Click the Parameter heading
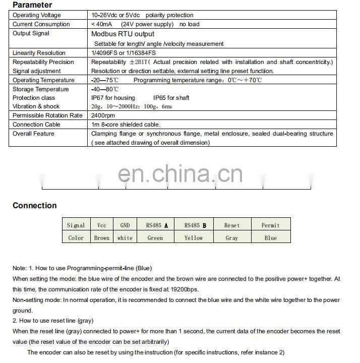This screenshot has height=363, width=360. (32, 5)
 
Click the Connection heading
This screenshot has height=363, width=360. (35, 205)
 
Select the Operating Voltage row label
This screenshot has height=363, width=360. (37, 15)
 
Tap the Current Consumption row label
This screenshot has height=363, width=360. (41, 24)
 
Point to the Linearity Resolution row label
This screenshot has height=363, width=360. (39, 53)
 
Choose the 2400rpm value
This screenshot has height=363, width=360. (103, 115)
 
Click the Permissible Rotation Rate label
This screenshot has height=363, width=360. (47, 115)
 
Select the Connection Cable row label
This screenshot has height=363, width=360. (36, 125)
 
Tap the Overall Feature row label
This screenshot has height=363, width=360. (33, 134)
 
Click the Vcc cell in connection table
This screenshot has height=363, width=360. (101, 225)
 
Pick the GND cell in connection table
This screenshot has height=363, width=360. (125, 225)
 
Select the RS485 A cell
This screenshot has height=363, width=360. (157, 225)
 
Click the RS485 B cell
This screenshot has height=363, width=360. (194, 225)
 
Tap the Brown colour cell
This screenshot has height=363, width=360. (101, 238)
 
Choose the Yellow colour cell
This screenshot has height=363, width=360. (194, 238)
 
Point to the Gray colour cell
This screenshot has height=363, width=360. (231, 238)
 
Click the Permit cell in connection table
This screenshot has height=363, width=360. (270, 225)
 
